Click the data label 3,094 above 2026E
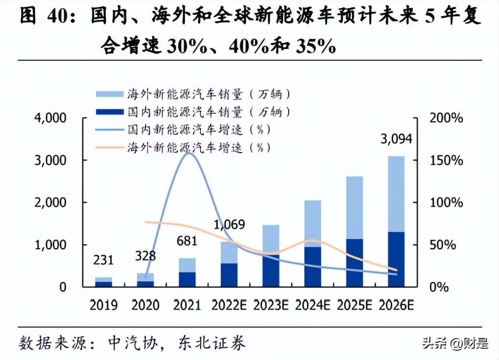point(396,139)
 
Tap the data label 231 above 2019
point(103,260)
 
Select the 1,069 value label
point(229,225)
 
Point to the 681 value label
point(187,241)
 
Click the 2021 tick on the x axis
point(187,305)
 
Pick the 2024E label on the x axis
point(313,305)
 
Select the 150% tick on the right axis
point(446,160)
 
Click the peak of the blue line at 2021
point(187,153)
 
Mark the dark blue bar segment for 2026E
point(396,259)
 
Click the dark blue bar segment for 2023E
point(271,271)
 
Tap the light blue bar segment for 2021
point(187,265)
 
